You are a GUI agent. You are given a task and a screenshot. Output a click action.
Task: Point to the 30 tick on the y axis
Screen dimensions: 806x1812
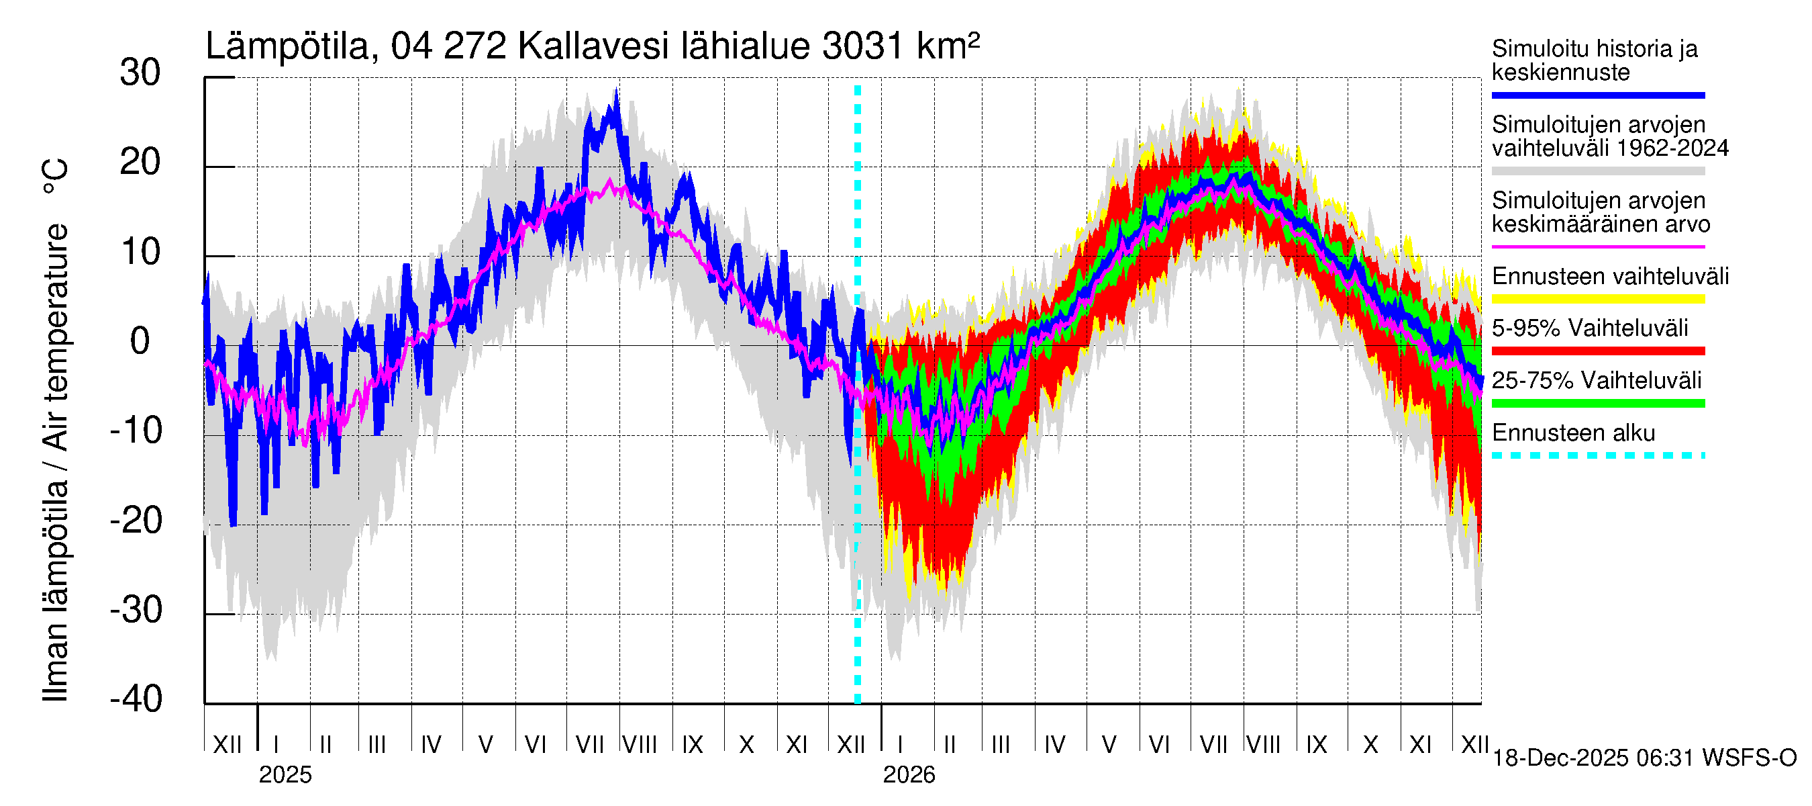click(x=141, y=73)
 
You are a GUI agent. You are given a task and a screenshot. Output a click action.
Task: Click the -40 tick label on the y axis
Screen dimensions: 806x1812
click(x=136, y=700)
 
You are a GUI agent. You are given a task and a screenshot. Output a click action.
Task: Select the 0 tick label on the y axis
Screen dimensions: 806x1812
click(x=141, y=342)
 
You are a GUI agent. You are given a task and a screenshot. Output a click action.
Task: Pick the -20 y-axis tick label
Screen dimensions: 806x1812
click(x=136, y=522)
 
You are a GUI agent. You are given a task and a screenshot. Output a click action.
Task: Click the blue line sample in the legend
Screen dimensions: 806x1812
click(x=1597, y=95)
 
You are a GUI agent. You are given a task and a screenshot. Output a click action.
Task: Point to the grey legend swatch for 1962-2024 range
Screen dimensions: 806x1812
click(x=1597, y=171)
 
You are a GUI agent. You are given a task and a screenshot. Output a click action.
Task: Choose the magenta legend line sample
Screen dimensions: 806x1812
click(x=1597, y=247)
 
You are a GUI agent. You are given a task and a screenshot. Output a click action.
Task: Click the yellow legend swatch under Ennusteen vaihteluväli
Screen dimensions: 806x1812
click(x=1597, y=299)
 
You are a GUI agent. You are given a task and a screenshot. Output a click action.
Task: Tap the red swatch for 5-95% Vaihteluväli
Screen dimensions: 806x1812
click(x=1597, y=351)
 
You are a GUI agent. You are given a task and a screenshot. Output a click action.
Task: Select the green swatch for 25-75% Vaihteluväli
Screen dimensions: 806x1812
click(x=1597, y=404)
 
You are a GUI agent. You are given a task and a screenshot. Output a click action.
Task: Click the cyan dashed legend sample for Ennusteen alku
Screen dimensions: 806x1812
click(x=1597, y=455)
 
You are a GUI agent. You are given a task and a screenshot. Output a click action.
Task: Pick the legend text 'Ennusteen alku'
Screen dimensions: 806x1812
click(x=1574, y=433)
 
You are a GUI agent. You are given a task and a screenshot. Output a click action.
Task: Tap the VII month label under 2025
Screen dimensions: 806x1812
click(x=589, y=745)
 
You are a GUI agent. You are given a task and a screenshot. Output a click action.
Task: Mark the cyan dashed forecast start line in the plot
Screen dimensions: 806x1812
click(x=858, y=493)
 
